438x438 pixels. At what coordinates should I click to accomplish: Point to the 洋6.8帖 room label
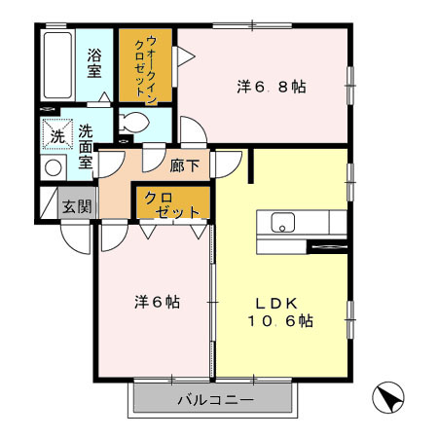[272, 87]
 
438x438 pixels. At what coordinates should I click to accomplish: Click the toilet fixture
[134, 124]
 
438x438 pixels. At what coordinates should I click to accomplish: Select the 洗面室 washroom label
[86, 147]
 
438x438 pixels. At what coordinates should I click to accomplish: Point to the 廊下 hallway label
[185, 165]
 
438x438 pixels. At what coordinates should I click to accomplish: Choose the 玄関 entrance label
[77, 205]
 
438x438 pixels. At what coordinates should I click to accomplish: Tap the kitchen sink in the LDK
[282, 223]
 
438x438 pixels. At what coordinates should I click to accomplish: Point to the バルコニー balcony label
[214, 400]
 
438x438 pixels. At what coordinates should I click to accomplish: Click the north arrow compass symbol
[389, 397]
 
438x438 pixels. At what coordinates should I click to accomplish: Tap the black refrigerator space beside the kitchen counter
[326, 245]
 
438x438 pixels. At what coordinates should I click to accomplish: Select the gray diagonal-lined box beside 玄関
[49, 201]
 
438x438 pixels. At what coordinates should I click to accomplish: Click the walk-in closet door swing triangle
[184, 56]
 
